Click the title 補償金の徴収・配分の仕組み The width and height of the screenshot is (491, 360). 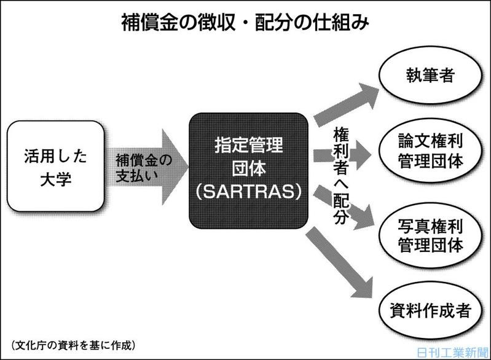(x=245, y=23)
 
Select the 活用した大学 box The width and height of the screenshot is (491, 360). (x=55, y=166)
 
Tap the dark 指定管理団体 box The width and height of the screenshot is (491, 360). (x=249, y=171)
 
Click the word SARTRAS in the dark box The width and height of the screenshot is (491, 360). (x=249, y=191)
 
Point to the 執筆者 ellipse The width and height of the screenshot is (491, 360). (x=430, y=75)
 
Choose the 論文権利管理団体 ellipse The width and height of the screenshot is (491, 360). (x=430, y=151)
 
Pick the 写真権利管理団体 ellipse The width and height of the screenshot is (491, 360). (x=430, y=235)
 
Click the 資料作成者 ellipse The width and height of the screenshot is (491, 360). (x=430, y=310)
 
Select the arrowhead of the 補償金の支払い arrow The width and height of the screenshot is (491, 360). (x=175, y=167)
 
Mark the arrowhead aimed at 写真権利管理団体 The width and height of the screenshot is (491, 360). (x=364, y=217)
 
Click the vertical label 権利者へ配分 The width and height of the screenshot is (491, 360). (x=340, y=176)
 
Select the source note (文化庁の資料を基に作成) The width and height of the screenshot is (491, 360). (x=74, y=345)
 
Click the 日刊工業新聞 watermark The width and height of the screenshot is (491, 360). (x=453, y=353)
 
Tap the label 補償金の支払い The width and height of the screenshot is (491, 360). (x=144, y=168)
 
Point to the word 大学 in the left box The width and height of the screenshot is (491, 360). (x=56, y=179)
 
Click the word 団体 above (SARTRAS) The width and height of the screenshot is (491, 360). (x=249, y=168)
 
